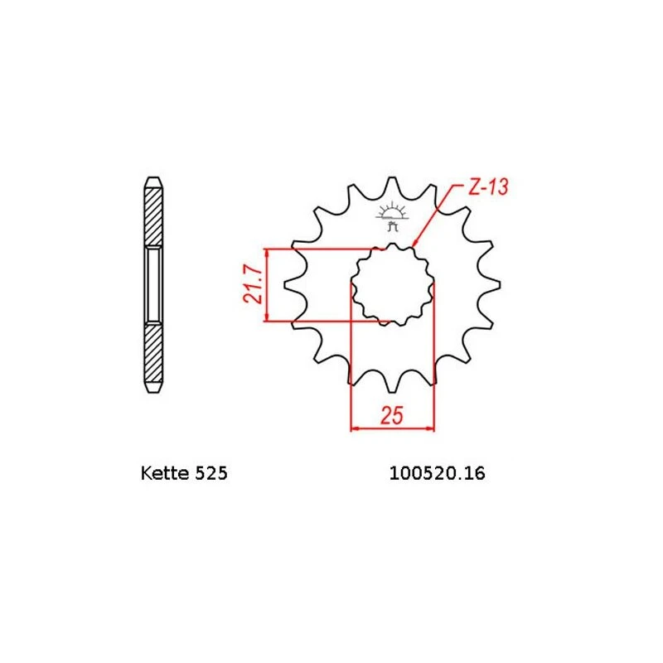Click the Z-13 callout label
point(488,187)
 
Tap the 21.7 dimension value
point(253,284)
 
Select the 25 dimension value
point(392,416)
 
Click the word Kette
point(166,473)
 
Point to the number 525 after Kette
point(211,473)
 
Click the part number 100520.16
point(437,473)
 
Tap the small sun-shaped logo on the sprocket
point(392,215)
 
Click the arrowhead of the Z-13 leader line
point(414,242)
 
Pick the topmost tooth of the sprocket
point(393,186)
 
